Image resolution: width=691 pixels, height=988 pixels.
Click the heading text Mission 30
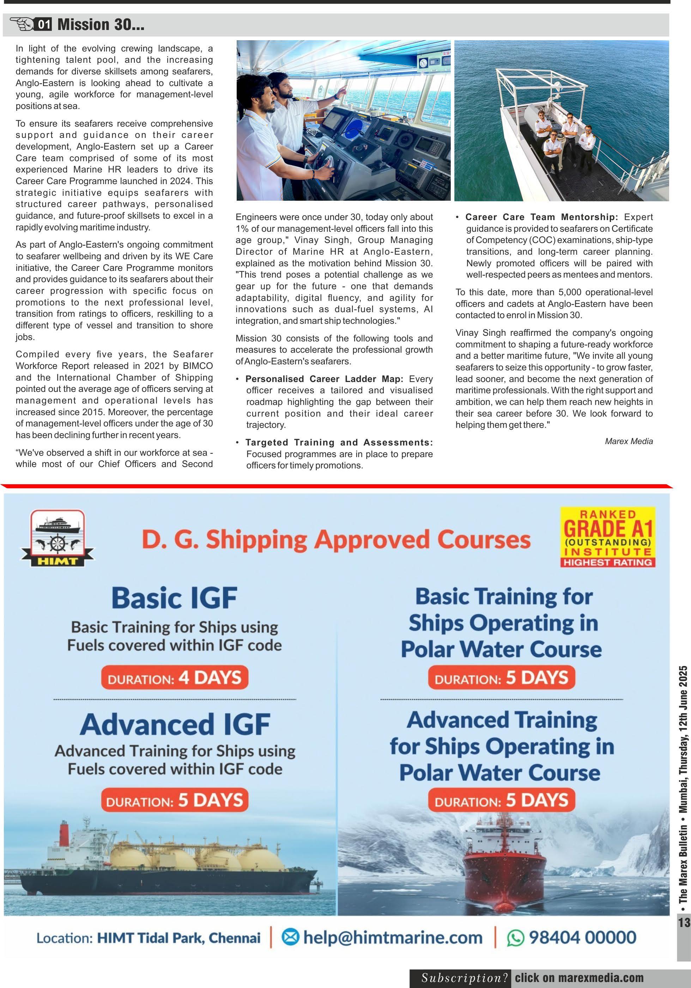point(101,25)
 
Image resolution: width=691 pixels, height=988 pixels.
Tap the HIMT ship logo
point(57,538)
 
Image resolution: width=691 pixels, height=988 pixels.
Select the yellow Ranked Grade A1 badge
point(607,537)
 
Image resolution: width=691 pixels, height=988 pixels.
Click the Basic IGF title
point(175,598)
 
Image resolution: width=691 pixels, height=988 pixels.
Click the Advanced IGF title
point(175,724)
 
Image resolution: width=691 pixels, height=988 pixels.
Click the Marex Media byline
point(629,441)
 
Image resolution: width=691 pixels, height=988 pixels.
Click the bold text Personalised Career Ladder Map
point(325,379)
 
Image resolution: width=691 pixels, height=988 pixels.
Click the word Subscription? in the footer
point(464,978)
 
